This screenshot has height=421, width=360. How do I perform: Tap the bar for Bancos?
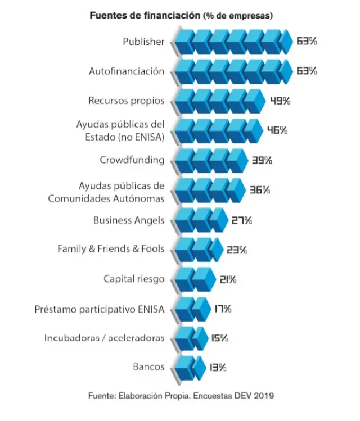[x=188, y=368]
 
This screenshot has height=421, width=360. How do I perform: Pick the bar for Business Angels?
[x=199, y=220]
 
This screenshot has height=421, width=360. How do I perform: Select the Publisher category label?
[x=143, y=42]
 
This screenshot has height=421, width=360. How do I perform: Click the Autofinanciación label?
[x=127, y=71]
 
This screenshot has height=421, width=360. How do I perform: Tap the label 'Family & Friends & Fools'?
[x=111, y=248]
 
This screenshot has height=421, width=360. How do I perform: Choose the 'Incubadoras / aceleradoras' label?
[x=105, y=338]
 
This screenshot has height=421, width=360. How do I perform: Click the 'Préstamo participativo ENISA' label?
[x=100, y=309]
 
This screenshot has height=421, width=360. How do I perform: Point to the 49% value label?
[x=280, y=101]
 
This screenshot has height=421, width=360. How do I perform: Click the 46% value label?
[x=277, y=130]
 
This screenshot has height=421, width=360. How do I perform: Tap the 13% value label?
[x=218, y=368]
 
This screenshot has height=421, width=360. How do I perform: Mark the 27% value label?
[x=242, y=220]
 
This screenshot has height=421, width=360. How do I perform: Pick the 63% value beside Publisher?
[x=307, y=42]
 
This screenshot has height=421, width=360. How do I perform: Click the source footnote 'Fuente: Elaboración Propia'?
[x=181, y=396]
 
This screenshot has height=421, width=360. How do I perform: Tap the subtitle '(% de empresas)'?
[x=238, y=16]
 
